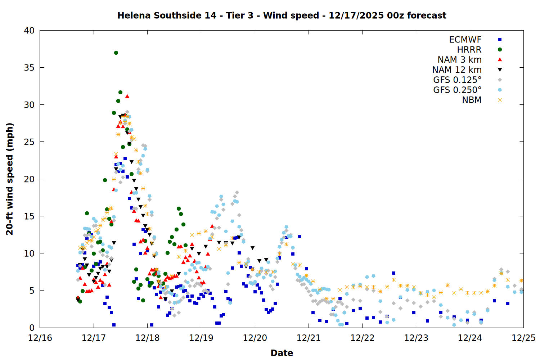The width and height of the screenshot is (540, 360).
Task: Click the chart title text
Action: [282, 15]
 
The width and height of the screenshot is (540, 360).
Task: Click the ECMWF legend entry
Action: [465, 40]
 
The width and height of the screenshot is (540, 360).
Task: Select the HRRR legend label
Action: [469, 50]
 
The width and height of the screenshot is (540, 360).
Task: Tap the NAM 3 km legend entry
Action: [459, 60]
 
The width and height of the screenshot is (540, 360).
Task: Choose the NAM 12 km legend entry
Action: [457, 70]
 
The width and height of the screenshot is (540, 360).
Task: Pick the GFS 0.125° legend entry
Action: [457, 80]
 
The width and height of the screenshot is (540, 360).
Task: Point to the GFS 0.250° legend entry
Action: [457, 90]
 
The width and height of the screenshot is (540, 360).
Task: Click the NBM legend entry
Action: [472, 100]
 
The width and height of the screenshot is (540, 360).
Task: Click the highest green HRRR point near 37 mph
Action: [116, 53]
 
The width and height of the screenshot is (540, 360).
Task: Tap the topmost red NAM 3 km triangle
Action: [127, 96]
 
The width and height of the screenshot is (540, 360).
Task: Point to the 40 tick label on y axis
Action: [29, 31]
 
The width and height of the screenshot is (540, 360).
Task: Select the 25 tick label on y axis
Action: [29, 142]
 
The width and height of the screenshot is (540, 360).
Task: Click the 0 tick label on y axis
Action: [32, 328]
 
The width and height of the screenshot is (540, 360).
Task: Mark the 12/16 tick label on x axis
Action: [40, 338]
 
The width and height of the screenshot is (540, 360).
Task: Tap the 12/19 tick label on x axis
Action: [201, 338]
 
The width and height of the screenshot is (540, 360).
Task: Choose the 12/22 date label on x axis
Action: [362, 338]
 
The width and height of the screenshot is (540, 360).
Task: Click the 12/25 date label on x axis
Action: [523, 338]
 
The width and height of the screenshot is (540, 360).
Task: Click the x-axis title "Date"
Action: [282, 353]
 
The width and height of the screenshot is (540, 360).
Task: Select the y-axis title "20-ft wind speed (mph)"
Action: [10, 179]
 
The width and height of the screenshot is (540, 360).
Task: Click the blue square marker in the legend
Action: [500, 40]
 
